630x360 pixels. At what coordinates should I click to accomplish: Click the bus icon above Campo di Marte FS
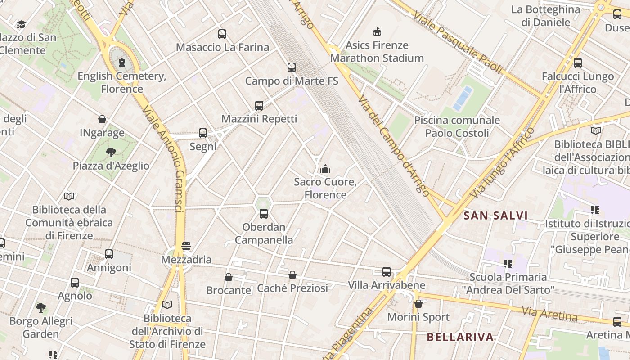click(292, 67)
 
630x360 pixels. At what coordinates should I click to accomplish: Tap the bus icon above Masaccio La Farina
click(222, 34)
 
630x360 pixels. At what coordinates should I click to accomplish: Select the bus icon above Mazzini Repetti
click(259, 106)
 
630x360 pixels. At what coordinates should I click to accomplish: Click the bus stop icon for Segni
click(203, 133)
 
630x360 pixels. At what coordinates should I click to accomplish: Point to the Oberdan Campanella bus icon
click(264, 214)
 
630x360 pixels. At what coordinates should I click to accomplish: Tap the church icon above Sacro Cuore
click(325, 169)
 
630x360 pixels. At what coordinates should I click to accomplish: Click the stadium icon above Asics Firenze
click(377, 32)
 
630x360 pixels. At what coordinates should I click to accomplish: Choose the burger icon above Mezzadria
click(186, 246)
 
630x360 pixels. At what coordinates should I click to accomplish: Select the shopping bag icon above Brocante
click(229, 277)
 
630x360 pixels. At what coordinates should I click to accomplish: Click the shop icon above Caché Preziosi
click(292, 275)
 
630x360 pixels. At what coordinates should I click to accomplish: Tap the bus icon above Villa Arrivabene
click(387, 272)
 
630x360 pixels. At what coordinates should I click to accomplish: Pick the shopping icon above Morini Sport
click(418, 304)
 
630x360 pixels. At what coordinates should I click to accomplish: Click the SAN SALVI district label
click(495, 216)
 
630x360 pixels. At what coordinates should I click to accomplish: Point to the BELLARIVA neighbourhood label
click(460, 337)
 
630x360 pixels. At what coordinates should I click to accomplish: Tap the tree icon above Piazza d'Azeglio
click(111, 153)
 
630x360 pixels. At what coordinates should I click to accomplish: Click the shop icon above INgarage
click(102, 120)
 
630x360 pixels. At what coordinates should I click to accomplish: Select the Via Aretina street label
click(549, 314)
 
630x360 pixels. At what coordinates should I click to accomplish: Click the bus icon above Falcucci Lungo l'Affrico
click(578, 63)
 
